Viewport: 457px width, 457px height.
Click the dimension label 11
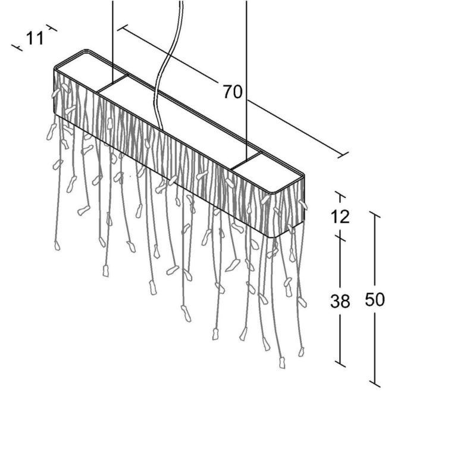(x=35, y=39)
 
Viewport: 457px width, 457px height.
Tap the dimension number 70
(x=233, y=92)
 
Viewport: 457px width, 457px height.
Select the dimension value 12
(x=340, y=217)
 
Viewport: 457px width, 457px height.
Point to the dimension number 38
(x=340, y=301)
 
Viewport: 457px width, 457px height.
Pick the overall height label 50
(x=375, y=300)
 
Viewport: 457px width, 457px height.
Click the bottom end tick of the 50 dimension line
(x=375, y=384)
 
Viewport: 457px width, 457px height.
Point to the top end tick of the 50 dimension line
(x=375, y=214)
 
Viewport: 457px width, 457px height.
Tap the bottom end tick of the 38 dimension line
(x=340, y=364)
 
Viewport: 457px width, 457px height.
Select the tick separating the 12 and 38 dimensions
(x=340, y=237)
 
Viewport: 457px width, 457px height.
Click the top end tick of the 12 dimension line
(x=340, y=195)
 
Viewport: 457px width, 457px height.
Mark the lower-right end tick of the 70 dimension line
(x=343, y=155)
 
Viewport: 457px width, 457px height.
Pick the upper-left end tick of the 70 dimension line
(x=123, y=27)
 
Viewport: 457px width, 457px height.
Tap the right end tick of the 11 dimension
(x=52, y=27)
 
